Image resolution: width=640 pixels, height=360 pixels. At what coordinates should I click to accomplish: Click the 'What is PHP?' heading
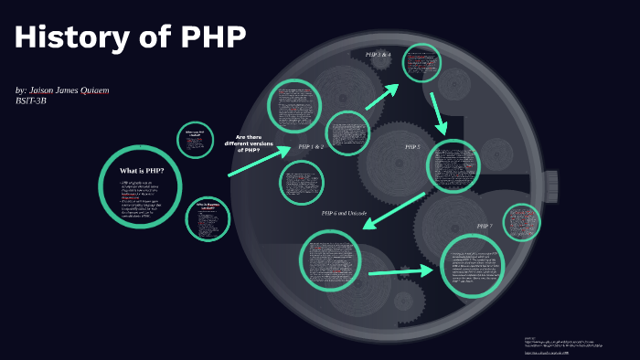pos(142,170)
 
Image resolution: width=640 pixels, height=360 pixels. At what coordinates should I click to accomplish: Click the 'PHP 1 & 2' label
pos(311,146)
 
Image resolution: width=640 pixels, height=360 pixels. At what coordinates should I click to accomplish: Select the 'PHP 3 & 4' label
pos(378,55)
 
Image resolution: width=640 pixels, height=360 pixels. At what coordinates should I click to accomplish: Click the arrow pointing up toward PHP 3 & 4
pos(383,96)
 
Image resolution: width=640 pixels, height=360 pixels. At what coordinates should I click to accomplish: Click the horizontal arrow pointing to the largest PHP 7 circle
pos(400,271)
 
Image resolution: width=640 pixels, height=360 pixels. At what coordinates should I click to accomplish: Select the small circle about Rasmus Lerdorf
pos(207,219)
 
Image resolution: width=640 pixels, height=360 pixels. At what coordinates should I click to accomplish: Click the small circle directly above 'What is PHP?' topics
pos(195,139)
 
